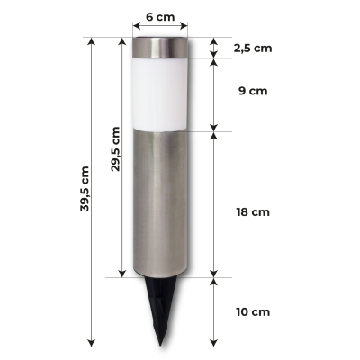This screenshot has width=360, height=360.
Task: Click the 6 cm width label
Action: pyautogui.click(x=160, y=17)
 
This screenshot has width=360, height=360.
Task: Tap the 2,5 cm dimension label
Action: pyautogui.click(x=253, y=49)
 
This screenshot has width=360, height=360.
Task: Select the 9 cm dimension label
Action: pyautogui.click(x=253, y=91)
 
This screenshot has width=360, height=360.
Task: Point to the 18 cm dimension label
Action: pyautogui.click(x=253, y=212)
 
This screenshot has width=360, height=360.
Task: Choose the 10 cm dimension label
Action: pyautogui.click(x=253, y=312)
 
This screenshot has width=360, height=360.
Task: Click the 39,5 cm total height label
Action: pyautogui.click(x=85, y=189)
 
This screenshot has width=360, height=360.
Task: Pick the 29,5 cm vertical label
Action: pyautogui.click(x=115, y=149)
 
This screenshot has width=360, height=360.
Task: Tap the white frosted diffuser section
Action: pyautogui.click(x=161, y=94)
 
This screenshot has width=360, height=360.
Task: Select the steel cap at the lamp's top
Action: pyautogui.click(x=160, y=48)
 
